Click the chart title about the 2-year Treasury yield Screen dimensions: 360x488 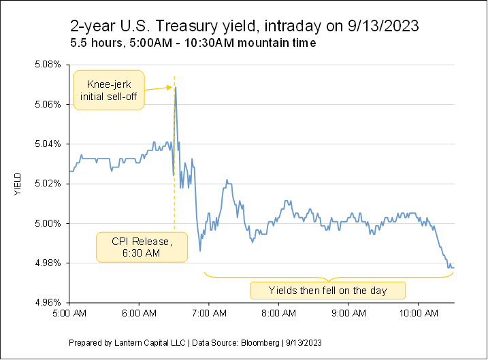tap(244, 27)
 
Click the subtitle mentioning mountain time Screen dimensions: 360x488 tap(192, 43)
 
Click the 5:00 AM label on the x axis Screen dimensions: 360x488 tap(71, 314)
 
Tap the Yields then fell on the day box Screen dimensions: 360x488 tap(328, 291)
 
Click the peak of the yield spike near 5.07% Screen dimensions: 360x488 tap(176, 88)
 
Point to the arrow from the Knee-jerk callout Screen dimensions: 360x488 tap(159, 88)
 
